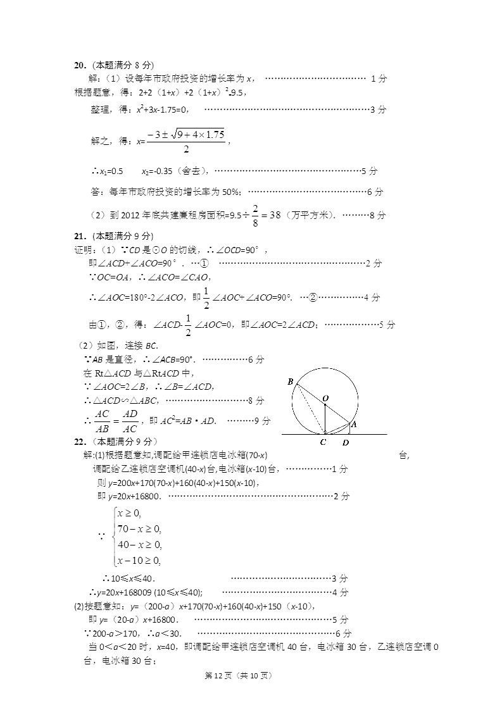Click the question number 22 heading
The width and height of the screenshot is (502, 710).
(x=80, y=442)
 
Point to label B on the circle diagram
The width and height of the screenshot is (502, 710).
(x=290, y=382)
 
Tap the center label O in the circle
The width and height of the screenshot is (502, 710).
(x=325, y=398)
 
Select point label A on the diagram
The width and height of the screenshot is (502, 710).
(x=354, y=425)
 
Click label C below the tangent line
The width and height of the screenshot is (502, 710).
(x=323, y=442)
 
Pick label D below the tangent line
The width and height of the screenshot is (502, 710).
(x=346, y=443)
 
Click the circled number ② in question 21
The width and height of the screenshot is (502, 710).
(x=312, y=297)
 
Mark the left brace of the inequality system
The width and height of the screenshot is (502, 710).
(x=113, y=537)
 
